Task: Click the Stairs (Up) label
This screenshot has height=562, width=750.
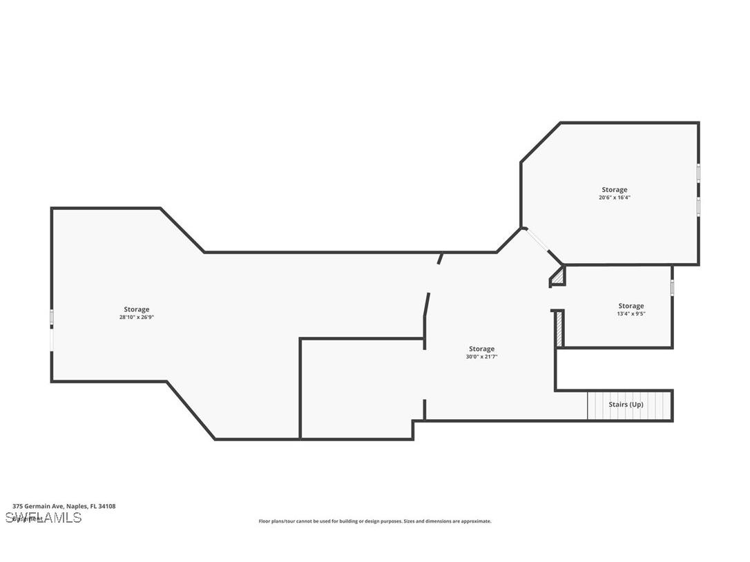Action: (626, 405)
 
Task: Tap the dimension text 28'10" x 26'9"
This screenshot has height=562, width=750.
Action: (136, 318)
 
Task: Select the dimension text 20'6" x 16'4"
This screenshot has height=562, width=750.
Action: (614, 197)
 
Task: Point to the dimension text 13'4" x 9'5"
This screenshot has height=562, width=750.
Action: (631, 314)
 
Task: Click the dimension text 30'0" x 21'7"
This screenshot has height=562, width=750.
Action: (481, 357)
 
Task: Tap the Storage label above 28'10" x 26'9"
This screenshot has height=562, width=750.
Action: (136, 309)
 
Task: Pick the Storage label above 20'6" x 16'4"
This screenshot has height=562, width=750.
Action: (614, 190)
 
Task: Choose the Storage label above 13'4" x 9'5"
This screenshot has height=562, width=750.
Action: (631, 306)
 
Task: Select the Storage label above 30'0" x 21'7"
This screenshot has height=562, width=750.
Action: (481, 349)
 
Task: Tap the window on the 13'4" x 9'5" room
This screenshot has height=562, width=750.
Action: (672, 287)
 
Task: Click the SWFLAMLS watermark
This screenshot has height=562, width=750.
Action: (43, 517)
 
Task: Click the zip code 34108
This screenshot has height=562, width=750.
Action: (107, 506)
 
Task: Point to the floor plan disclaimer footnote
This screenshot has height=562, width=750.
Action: (375, 521)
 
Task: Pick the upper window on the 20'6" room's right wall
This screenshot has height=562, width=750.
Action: (698, 172)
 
